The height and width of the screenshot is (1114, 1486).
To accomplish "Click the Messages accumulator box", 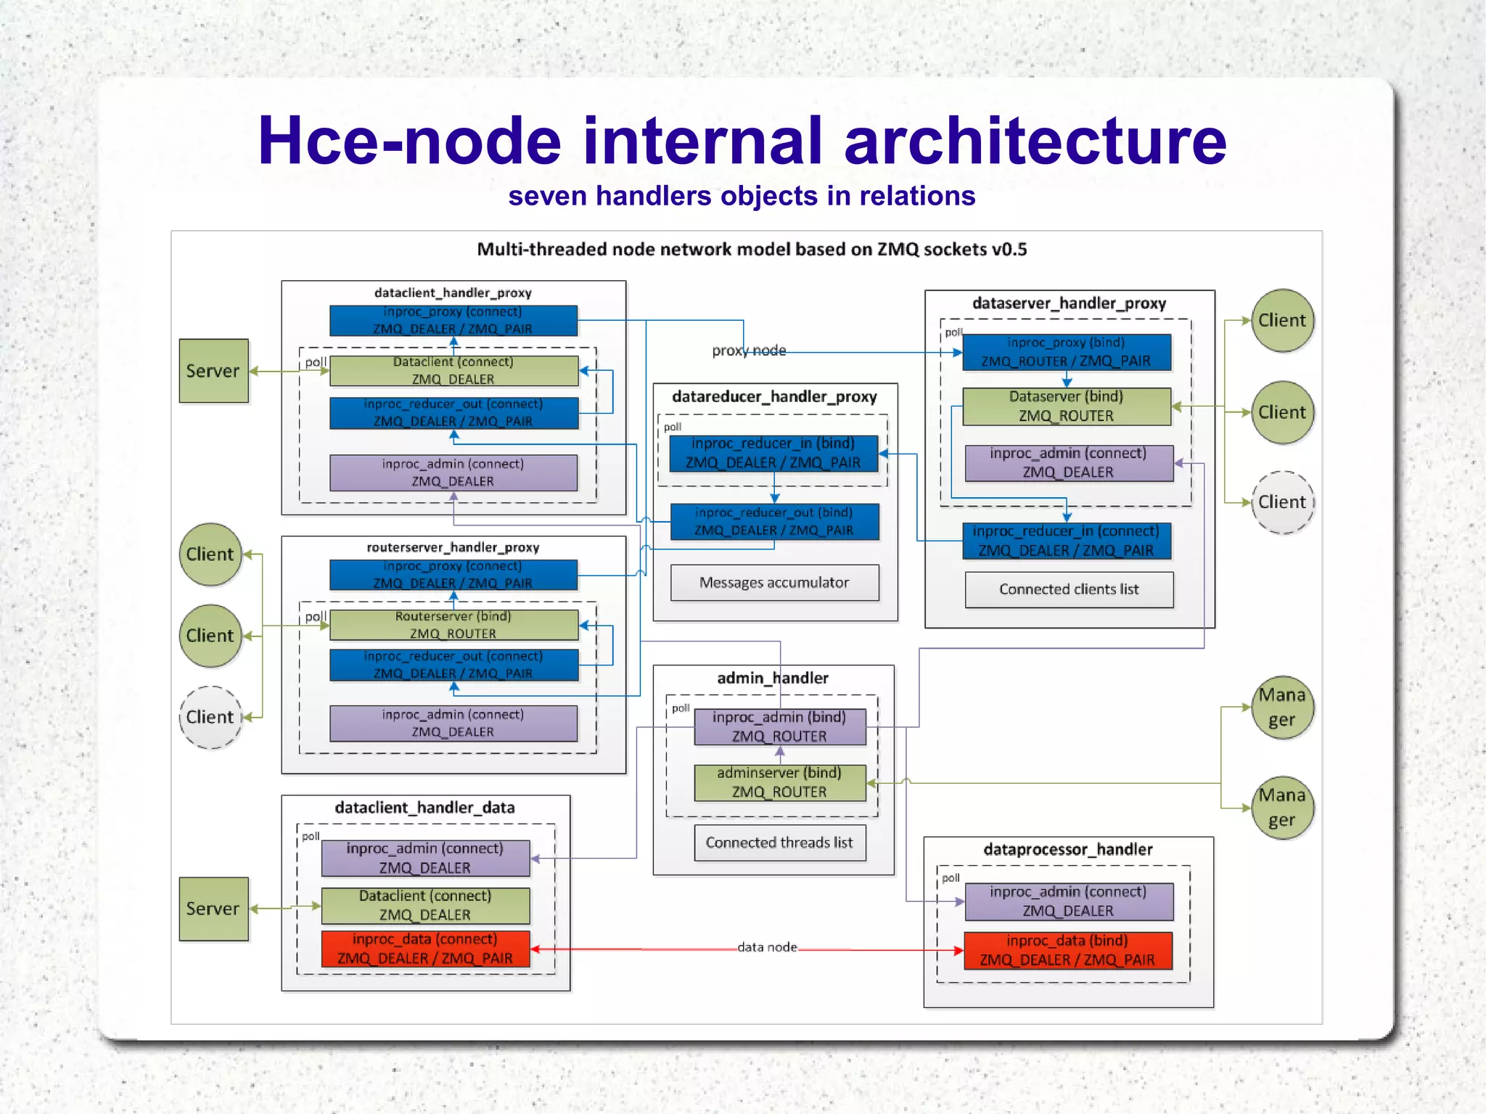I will tap(774, 583).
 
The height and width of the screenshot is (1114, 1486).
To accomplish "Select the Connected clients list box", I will tap(1069, 589).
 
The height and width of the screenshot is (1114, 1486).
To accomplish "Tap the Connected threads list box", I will tap(779, 843).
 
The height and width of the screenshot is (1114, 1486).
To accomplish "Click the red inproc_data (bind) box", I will tap(1067, 951).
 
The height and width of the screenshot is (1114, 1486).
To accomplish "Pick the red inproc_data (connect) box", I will tap(425, 949).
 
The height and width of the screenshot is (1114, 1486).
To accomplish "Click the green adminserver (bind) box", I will tap(779, 782).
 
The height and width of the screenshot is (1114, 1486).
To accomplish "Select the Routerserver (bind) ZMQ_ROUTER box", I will tap(453, 625).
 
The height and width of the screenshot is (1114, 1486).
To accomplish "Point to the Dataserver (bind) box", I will tap(1066, 406).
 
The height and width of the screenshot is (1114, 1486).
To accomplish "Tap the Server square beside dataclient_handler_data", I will tap(213, 909).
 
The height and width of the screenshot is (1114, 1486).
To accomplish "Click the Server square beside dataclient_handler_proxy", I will tap(213, 371).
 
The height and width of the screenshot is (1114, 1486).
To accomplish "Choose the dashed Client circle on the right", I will tap(1282, 502).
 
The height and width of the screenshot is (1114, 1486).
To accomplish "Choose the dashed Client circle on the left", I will tap(210, 717).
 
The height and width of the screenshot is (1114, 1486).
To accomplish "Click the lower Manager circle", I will tap(1282, 808).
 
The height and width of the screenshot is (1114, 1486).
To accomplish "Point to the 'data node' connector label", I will tap(767, 947).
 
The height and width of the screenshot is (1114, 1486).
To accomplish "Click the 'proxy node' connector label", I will tap(749, 351).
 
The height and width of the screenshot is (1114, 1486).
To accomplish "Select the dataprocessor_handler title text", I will tap(1067, 849).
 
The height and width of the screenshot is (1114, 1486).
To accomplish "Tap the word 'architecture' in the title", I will tap(1035, 141).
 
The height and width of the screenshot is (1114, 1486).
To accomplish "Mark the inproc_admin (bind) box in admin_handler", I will tap(779, 726).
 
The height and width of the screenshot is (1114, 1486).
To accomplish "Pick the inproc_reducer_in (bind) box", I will tap(773, 453).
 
